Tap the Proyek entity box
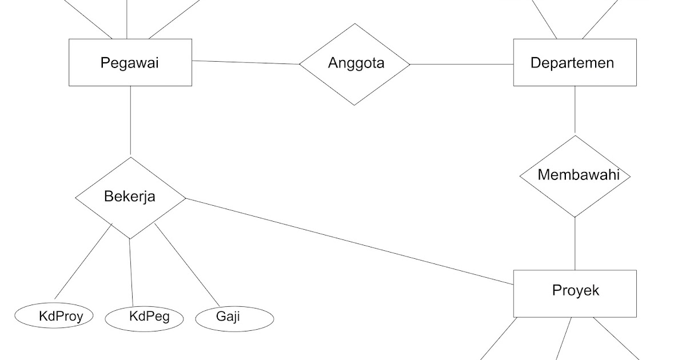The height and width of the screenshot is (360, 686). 575,306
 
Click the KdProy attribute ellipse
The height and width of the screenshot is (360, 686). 54,316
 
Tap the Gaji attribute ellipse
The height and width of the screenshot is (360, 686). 234,317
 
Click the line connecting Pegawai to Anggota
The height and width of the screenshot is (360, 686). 246,62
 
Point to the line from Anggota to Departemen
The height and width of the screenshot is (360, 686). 462,64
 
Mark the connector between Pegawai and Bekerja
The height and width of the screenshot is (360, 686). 130,121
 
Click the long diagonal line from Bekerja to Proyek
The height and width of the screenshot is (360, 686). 350,241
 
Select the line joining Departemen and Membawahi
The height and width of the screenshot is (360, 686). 575,110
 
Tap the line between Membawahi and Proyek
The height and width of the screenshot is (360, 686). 575,243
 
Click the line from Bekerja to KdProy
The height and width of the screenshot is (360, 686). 83,262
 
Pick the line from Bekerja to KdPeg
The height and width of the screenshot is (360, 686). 131,272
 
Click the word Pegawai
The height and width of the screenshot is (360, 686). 130,62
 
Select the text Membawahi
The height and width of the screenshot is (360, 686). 578,175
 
